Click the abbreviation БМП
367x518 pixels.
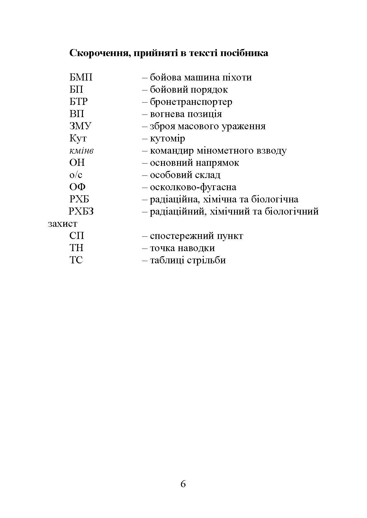pyautogui.click(x=81, y=78)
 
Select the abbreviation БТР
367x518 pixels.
pyautogui.click(x=78, y=102)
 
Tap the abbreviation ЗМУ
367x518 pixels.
pyautogui.click(x=80, y=126)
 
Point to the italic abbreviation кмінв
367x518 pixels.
pyautogui.click(x=81, y=151)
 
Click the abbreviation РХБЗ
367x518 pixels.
pyautogui.click(x=81, y=212)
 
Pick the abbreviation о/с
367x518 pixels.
pyautogui.click(x=76, y=175)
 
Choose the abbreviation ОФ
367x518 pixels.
pyautogui.click(x=77, y=187)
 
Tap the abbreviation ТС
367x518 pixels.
pyautogui.click(x=76, y=260)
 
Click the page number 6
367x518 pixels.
pyautogui.click(x=183, y=484)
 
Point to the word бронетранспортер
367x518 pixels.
pyautogui.click(x=191, y=102)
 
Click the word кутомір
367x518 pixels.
pyautogui.click(x=167, y=139)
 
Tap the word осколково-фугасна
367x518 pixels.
pyautogui.click(x=193, y=187)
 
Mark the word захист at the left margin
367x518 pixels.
pyautogui.click(x=63, y=224)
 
